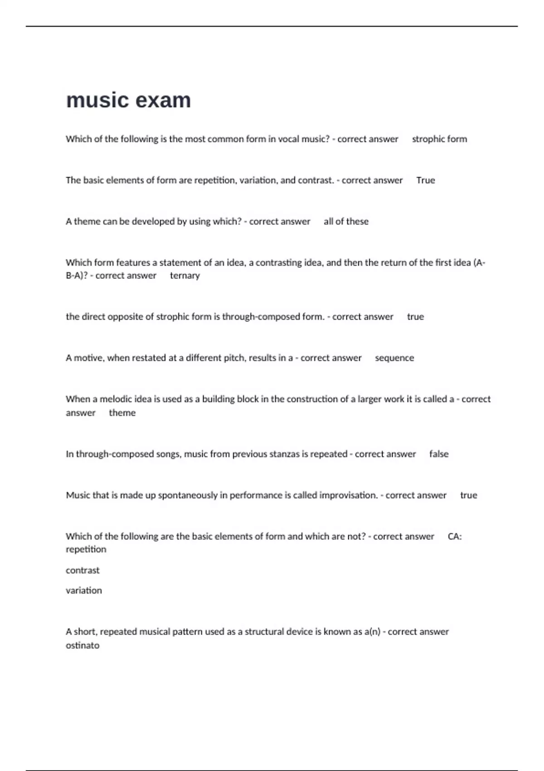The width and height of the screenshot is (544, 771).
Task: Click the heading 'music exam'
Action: [x=128, y=100]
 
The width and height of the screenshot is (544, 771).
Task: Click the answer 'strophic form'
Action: [x=439, y=139]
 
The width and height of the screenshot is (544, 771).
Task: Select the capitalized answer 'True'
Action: [x=425, y=181]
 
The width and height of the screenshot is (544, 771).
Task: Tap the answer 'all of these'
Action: [x=346, y=222]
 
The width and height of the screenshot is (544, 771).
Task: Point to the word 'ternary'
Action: [x=185, y=276]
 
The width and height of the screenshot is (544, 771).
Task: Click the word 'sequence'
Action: [x=394, y=358]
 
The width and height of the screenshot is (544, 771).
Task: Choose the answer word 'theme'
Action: [x=122, y=413]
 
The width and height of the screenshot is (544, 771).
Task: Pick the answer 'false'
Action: [x=438, y=454]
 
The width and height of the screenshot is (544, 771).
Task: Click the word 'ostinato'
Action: [x=83, y=645]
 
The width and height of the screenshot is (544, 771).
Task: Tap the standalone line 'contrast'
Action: [x=83, y=571]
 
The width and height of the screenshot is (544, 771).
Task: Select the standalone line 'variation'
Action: [x=84, y=590]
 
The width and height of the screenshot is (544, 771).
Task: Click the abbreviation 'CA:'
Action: [x=455, y=537]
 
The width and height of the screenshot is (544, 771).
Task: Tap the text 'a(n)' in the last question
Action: [x=372, y=632]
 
